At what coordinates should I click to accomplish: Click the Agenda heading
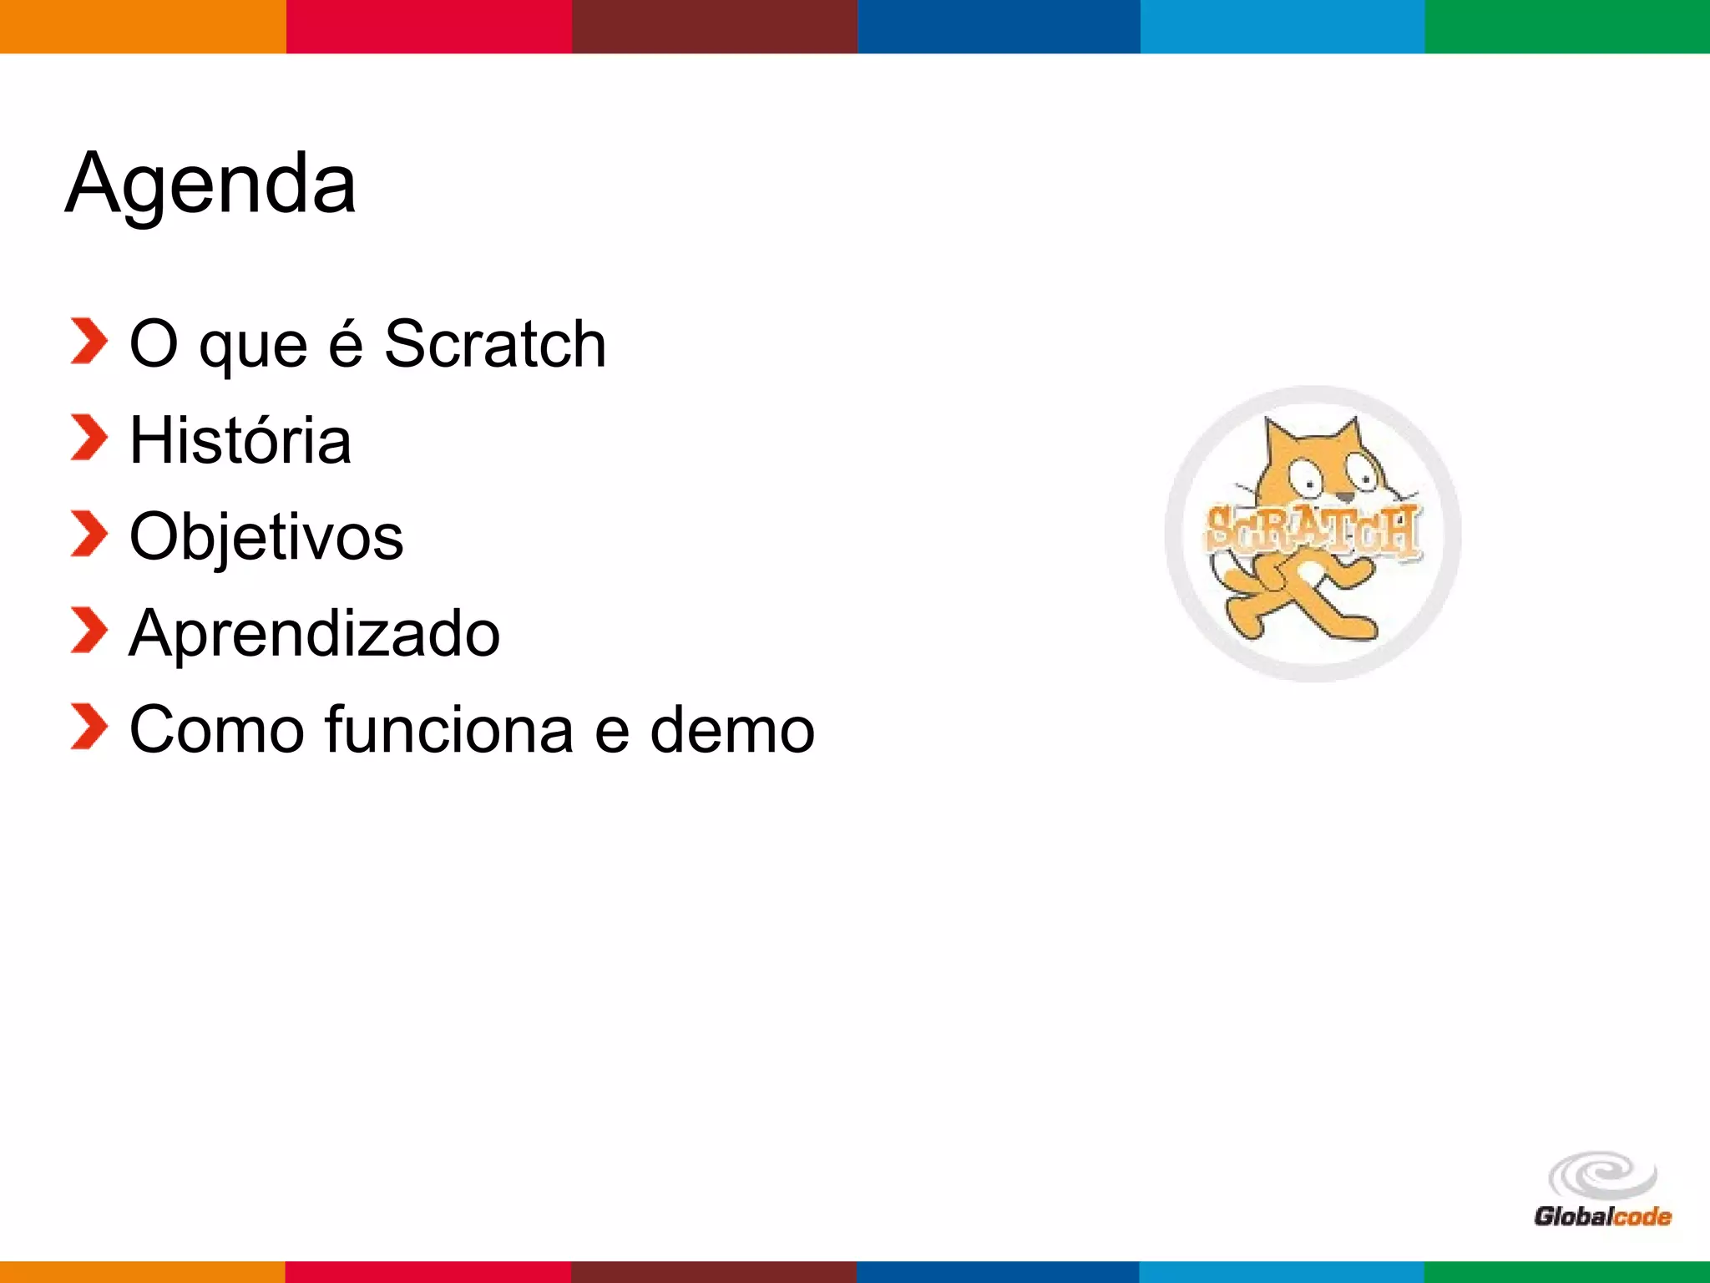pos(210,184)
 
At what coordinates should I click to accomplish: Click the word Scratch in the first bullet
pos(494,344)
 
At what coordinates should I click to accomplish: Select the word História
pos(240,440)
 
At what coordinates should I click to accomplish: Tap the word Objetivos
pos(266,537)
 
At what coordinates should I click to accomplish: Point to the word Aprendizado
pos(315,633)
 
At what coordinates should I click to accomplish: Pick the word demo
pos(731,730)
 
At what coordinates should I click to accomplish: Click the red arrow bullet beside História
pos(89,438)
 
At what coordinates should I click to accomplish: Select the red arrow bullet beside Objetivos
pos(89,534)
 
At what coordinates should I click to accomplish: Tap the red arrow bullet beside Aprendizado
pos(89,631)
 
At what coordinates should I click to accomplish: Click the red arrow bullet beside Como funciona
pos(89,727)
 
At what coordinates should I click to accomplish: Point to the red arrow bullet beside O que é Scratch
pos(89,341)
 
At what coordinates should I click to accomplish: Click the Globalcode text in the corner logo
pos(1602,1216)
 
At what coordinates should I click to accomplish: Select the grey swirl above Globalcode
pos(1602,1176)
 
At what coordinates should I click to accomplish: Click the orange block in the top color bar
pos(143,26)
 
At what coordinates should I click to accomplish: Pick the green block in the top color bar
pos(1567,26)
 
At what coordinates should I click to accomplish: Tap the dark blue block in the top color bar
pos(999,26)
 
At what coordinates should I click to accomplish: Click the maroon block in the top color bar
pos(714,26)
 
